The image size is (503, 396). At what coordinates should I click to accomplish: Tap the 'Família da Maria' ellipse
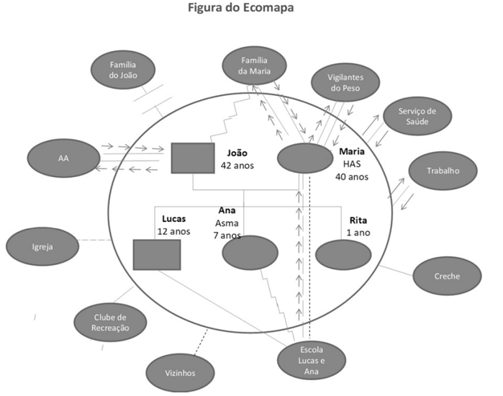(255, 65)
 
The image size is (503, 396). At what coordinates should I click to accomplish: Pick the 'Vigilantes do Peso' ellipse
(344, 83)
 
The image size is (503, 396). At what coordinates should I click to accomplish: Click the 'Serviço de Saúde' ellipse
(417, 115)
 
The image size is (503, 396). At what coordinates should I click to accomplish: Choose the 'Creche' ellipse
(447, 276)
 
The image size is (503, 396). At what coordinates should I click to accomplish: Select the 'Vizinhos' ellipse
(181, 373)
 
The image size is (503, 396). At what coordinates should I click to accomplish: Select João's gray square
(193, 158)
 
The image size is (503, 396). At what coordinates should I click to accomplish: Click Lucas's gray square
(157, 255)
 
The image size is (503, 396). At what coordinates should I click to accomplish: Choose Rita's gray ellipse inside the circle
(343, 255)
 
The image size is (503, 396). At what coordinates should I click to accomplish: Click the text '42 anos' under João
(237, 166)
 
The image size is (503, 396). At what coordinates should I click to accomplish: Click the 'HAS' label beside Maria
(350, 164)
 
